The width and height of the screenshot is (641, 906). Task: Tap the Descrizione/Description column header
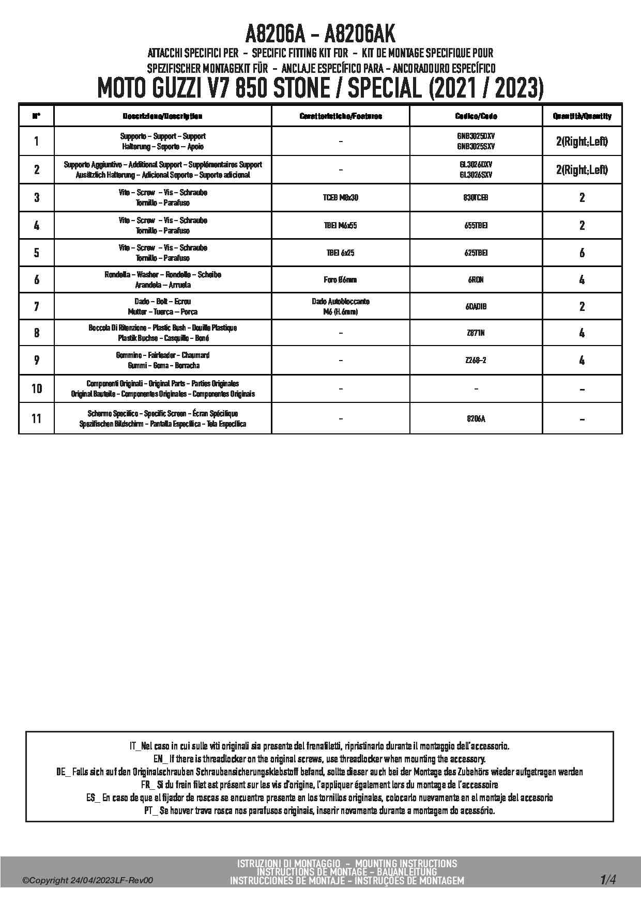[162, 116]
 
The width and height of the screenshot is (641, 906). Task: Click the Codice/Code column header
[476, 116]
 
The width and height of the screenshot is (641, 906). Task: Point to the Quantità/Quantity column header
[582, 116]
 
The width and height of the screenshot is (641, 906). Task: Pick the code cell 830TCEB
[476, 197]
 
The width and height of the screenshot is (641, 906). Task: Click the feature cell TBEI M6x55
[341, 225]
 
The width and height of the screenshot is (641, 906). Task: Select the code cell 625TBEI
[476, 253]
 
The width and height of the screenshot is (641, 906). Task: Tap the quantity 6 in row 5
[582, 253]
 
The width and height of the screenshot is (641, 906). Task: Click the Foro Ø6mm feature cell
[341, 279]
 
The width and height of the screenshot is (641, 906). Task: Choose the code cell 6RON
[476, 279]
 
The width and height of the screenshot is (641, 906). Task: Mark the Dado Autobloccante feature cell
[341, 306]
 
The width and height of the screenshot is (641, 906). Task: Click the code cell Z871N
[476, 333]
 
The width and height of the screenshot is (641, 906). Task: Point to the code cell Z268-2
[476, 360]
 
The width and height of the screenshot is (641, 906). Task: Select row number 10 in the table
[36, 388]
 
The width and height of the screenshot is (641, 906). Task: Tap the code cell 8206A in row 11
[476, 418]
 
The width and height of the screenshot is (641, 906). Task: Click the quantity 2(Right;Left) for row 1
[582, 142]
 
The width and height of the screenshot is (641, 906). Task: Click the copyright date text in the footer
[88, 881]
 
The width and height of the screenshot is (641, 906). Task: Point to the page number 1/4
[608, 879]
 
